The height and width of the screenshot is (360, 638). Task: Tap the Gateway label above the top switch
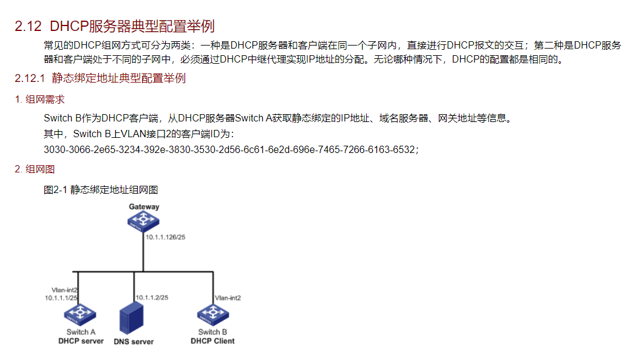click(144, 206)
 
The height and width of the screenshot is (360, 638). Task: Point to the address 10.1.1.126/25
click(165, 237)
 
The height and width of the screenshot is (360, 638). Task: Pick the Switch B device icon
click(212, 315)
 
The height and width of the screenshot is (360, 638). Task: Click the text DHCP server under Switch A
click(81, 341)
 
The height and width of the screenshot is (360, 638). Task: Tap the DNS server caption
click(134, 342)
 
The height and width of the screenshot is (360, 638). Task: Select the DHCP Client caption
click(212, 341)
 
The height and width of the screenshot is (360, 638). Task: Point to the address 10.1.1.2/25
click(152, 297)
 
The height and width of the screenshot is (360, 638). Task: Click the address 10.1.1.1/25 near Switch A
click(61, 297)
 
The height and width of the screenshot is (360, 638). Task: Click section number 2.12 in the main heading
click(28, 27)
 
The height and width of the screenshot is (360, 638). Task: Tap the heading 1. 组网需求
click(40, 100)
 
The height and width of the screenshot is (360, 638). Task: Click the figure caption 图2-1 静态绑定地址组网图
click(101, 190)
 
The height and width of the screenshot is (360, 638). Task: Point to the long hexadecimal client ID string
click(231, 149)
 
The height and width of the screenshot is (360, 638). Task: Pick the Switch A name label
click(81, 332)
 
